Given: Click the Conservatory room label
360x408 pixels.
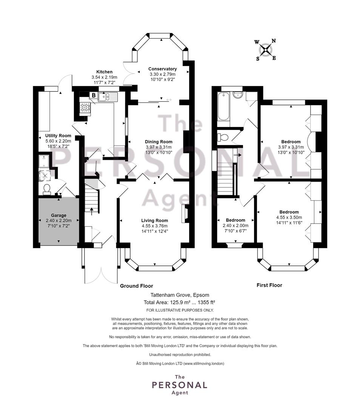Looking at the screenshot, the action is pyautogui.click(x=163, y=69).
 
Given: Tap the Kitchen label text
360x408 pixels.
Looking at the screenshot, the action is pyautogui.click(x=104, y=72).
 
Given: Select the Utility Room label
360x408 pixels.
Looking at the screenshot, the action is pyautogui.click(x=58, y=136).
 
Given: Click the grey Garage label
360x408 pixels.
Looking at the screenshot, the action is pyautogui.click(x=58, y=215).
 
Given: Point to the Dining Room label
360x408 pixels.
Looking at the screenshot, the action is pyautogui.click(x=158, y=142).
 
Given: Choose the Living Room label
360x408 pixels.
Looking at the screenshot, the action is pyautogui.click(x=155, y=221).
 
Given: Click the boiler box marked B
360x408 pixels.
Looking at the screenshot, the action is pyautogui.click(x=93, y=95).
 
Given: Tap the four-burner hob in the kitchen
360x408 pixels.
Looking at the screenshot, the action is pyautogui.click(x=85, y=107).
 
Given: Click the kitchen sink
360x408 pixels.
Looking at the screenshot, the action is pyautogui.click(x=108, y=97).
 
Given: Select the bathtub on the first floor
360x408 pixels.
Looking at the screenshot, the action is pyautogui.click(x=223, y=106).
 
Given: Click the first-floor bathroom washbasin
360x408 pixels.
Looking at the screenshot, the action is pyautogui.click(x=238, y=95).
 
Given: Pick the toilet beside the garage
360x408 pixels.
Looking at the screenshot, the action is pyautogui.click(x=47, y=189).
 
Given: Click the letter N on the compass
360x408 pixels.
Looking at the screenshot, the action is pyautogui.click(x=274, y=41).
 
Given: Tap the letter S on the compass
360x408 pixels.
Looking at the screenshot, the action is pyautogui.click(x=258, y=59).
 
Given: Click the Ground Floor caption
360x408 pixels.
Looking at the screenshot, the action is pyautogui.click(x=137, y=286).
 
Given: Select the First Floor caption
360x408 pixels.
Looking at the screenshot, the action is pyautogui.click(x=269, y=285).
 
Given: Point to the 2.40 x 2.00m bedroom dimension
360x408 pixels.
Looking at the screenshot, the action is pyautogui.click(x=235, y=226).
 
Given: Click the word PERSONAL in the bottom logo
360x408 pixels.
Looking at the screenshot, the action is pyautogui.click(x=180, y=385).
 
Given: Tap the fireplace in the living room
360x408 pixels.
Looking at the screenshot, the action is pyautogui.click(x=186, y=213).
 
